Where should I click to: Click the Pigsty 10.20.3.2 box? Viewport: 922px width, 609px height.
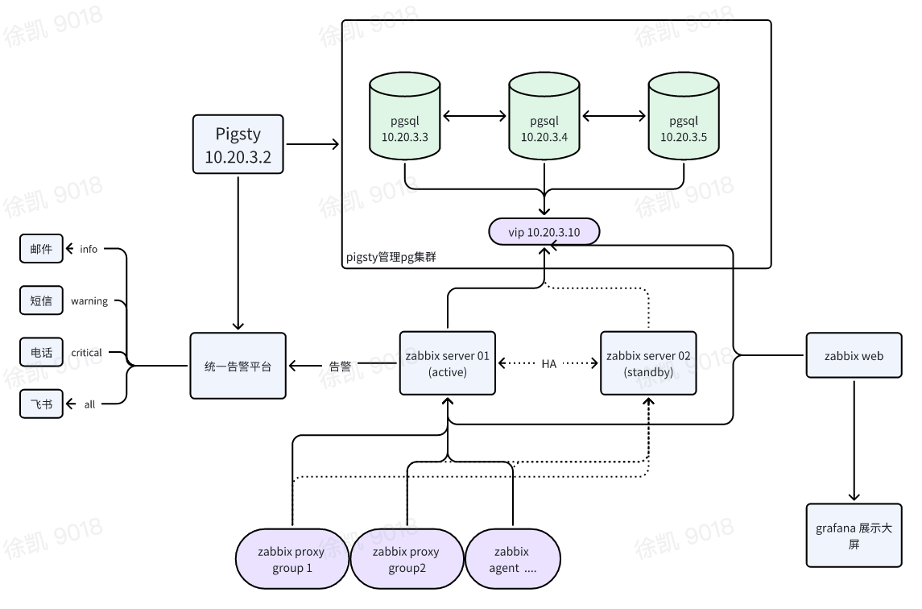point(238,144)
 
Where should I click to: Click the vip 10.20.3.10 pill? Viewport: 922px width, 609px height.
point(544,232)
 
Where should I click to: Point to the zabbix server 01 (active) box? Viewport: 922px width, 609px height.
point(448,363)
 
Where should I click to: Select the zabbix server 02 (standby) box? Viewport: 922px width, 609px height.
point(648,363)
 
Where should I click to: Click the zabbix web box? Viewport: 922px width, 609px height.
point(854,356)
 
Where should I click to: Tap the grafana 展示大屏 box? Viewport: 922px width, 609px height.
point(854,536)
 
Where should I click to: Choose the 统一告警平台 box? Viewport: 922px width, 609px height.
point(238,366)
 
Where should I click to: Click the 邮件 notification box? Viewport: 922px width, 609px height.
point(41,249)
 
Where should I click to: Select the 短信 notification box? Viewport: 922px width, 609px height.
point(41,300)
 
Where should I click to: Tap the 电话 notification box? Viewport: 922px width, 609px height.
point(41,352)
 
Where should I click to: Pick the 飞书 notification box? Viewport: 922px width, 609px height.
point(41,404)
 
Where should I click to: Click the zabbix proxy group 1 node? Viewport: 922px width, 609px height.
point(291,559)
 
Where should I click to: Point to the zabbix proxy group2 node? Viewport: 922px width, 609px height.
point(407,559)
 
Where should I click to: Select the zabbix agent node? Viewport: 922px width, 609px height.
point(512,559)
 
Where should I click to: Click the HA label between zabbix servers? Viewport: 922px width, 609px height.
point(548,364)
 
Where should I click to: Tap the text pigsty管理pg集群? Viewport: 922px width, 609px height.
point(391,258)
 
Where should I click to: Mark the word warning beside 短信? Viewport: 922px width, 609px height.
point(89,301)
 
